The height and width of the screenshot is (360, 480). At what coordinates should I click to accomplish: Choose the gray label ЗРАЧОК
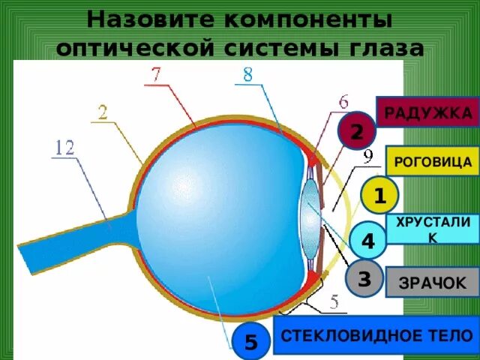pyautogui.click(x=431, y=283)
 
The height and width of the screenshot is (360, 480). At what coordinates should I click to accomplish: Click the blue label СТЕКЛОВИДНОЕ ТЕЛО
pyautogui.click(x=375, y=334)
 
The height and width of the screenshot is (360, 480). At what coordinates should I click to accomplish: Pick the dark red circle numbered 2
pyautogui.click(x=356, y=132)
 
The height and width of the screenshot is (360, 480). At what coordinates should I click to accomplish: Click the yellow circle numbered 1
pyautogui.click(x=379, y=196)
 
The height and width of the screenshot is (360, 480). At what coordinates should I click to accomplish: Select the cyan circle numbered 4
pyautogui.click(x=367, y=241)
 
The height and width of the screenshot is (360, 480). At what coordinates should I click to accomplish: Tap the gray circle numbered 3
pyautogui.click(x=364, y=279)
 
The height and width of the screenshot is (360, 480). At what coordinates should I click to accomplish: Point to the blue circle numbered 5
pyautogui.click(x=251, y=342)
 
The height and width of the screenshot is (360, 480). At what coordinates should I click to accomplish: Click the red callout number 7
pyautogui.click(x=155, y=74)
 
